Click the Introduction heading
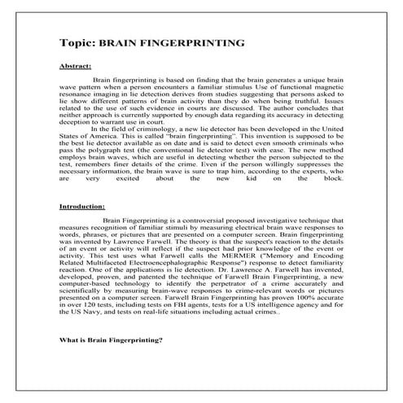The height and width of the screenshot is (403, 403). pos(82,207)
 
